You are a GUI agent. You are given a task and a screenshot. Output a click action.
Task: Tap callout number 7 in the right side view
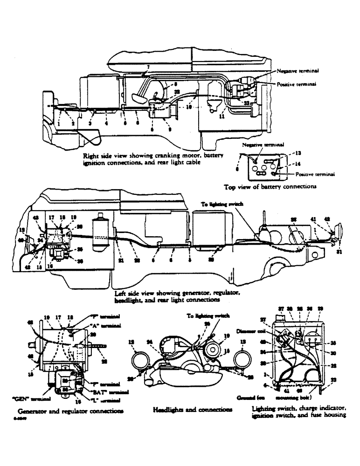(x=147, y=68)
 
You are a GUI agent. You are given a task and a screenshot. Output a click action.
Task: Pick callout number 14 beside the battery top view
(x=298, y=164)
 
